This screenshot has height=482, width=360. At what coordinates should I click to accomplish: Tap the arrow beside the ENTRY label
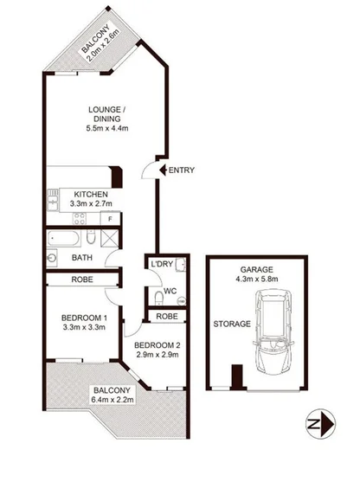point(159,170)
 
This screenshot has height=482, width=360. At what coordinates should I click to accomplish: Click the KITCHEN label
point(91,194)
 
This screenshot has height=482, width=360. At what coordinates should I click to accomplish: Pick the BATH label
point(81,258)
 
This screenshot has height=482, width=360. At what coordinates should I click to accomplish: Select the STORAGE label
point(233,324)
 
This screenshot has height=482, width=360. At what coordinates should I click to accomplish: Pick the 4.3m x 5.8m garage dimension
point(257,279)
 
